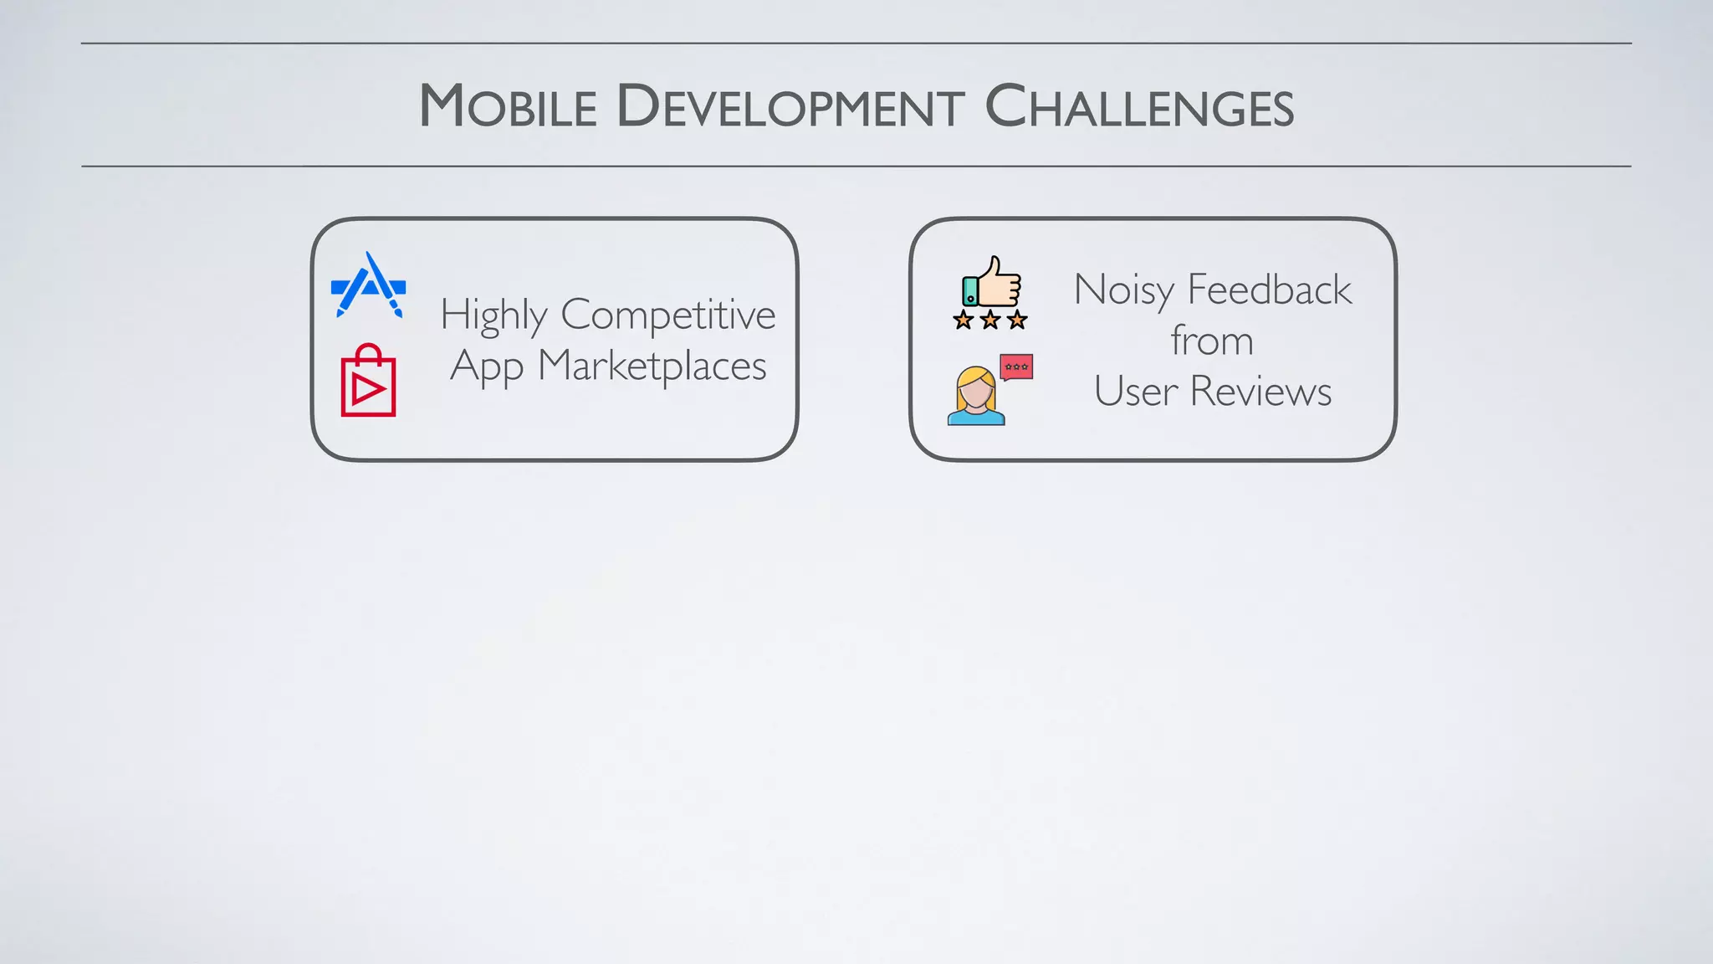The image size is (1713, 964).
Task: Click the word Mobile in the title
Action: (x=508, y=107)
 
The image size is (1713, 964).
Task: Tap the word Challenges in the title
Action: (x=1139, y=107)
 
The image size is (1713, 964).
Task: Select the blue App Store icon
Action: (x=369, y=285)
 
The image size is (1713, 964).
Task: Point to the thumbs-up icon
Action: (x=992, y=282)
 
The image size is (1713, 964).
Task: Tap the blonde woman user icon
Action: (x=976, y=397)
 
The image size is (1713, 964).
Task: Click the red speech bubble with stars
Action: (x=1016, y=367)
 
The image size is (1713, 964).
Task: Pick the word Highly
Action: (x=493, y=316)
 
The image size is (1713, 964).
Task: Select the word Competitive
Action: (x=667, y=316)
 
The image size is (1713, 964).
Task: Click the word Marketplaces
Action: (x=652, y=367)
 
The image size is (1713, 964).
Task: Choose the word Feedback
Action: (x=1269, y=290)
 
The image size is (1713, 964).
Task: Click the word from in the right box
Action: (x=1212, y=341)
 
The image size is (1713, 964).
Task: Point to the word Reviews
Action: (x=1260, y=392)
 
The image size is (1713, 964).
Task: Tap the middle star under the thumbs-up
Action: (x=990, y=320)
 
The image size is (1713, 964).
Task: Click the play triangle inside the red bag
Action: (x=366, y=389)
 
